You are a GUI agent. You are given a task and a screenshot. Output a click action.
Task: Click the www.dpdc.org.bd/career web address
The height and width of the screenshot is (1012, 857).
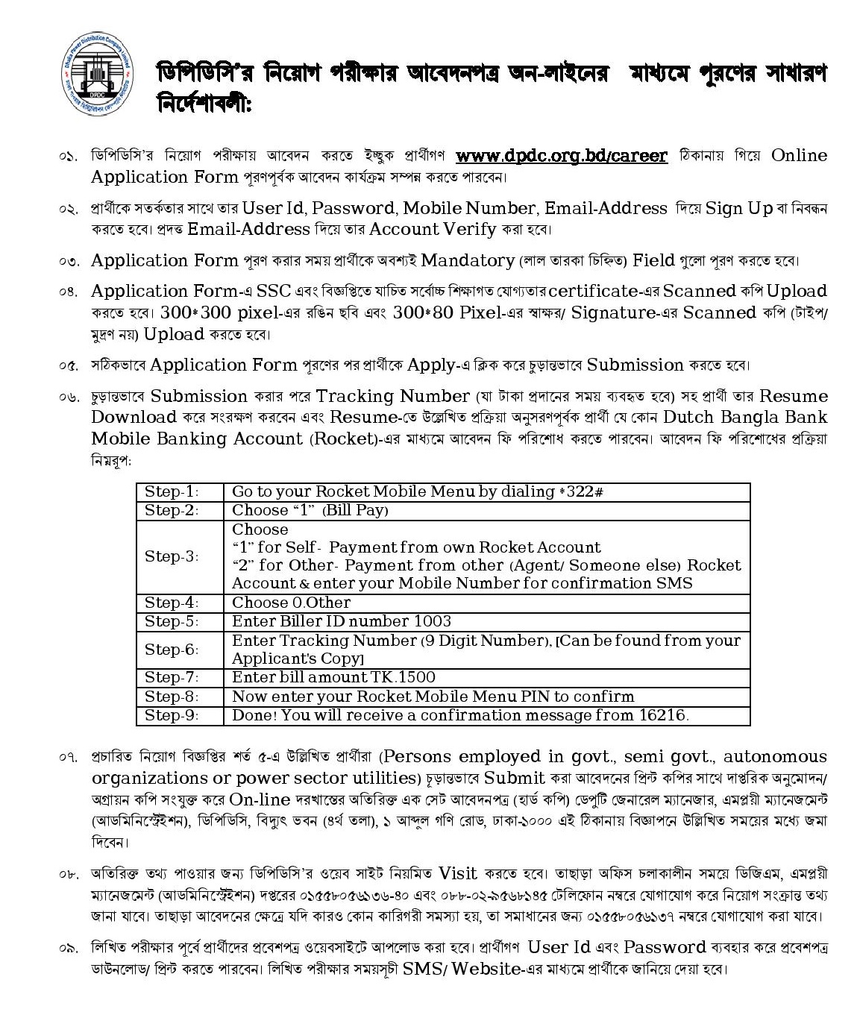pyautogui.click(x=561, y=156)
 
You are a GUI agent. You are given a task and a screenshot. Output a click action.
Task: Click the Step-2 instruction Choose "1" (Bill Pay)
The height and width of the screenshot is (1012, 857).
pyautogui.click(x=310, y=510)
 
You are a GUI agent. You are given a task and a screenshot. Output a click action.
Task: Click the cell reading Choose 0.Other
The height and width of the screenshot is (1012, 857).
pyautogui.click(x=291, y=603)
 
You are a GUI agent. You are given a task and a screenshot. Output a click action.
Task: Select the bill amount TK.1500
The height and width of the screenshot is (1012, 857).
pyautogui.click(x=403, y=677)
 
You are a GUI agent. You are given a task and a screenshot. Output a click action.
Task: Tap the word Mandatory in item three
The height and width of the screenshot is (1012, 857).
pyautogui.click(x=467, y=261)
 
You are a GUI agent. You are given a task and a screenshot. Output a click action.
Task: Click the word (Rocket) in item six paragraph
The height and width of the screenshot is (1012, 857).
pyautogui.click(x=345, y=439)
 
